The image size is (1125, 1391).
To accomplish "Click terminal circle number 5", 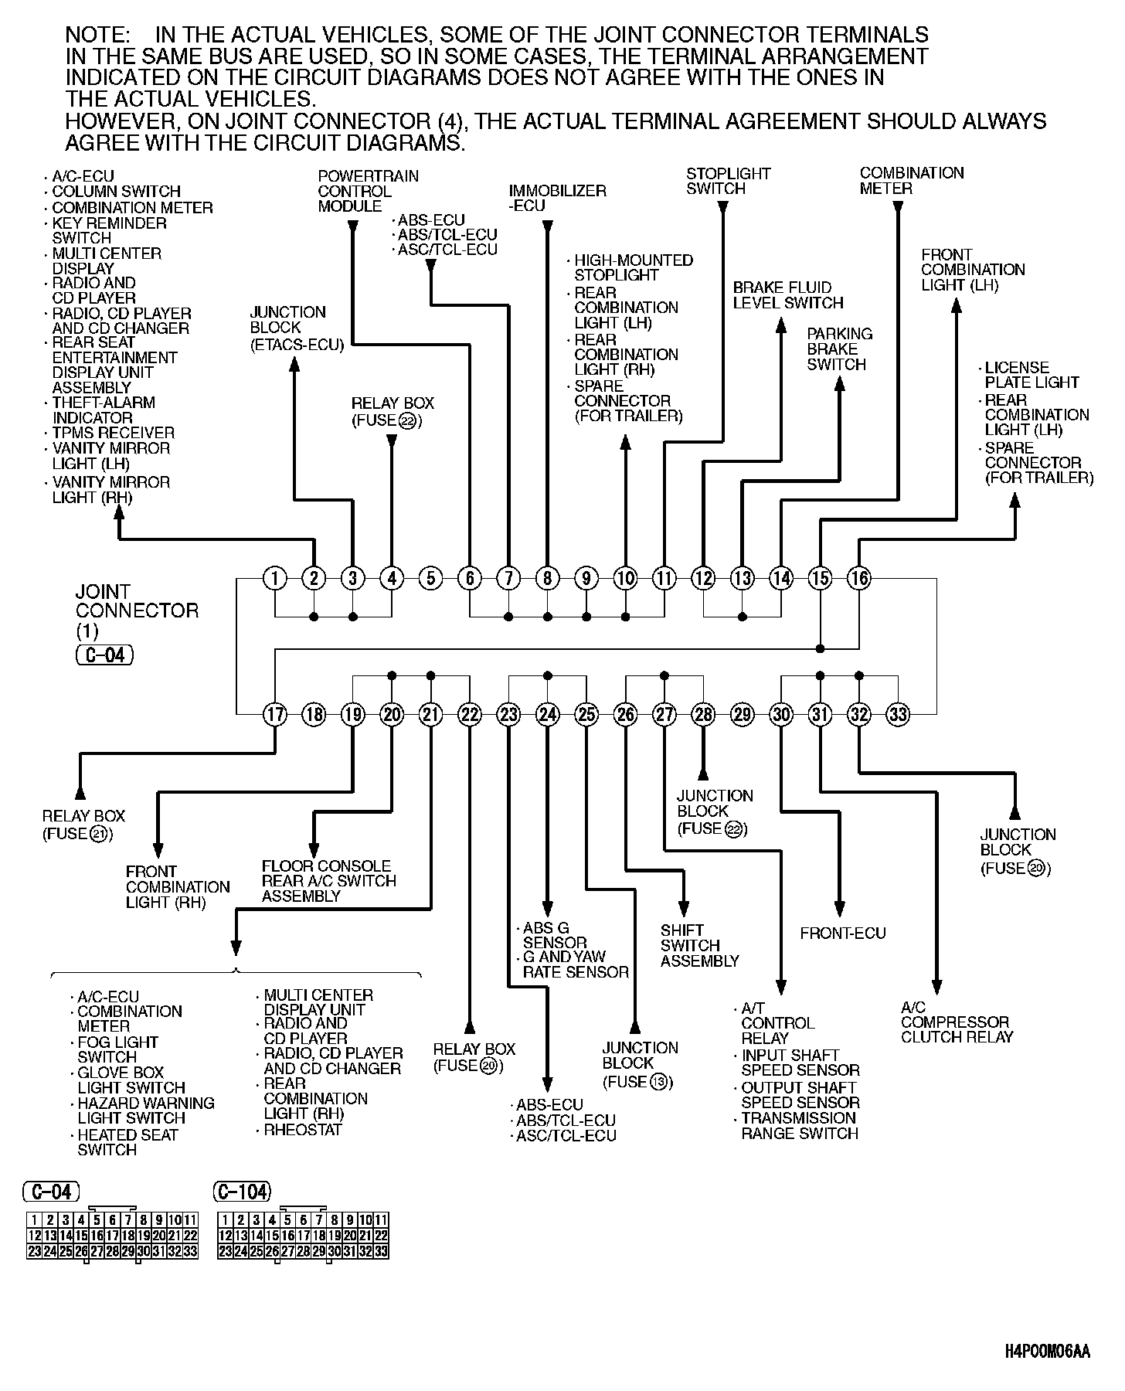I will [431, 578].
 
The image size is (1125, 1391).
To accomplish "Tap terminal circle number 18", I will [314, 714].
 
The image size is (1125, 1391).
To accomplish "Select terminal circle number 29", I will [743, 714].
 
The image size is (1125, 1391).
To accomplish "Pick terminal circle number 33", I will [898, 714].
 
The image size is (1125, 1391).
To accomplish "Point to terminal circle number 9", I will [586, 578].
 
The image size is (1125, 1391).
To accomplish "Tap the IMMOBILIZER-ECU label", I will [557, 198].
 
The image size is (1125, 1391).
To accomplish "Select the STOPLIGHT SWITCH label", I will [728, 181].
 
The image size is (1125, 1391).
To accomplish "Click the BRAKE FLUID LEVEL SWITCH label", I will [787, 295].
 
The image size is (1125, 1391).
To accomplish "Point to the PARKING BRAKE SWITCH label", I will [839, 349].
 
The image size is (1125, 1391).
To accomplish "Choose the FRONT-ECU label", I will [843, 933].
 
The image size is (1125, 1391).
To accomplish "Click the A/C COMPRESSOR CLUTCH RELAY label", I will [956, 1022].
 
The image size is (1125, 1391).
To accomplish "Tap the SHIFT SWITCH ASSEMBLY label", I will [699, 946].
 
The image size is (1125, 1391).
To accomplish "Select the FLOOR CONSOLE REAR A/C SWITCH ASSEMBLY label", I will [328, 881].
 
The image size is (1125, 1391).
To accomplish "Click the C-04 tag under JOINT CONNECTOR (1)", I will [105, 655].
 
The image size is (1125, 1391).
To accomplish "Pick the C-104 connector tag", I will [243, 1192].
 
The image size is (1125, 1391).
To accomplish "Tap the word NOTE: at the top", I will [99, 35].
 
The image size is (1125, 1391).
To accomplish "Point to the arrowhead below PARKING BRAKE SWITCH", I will [840, 384].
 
